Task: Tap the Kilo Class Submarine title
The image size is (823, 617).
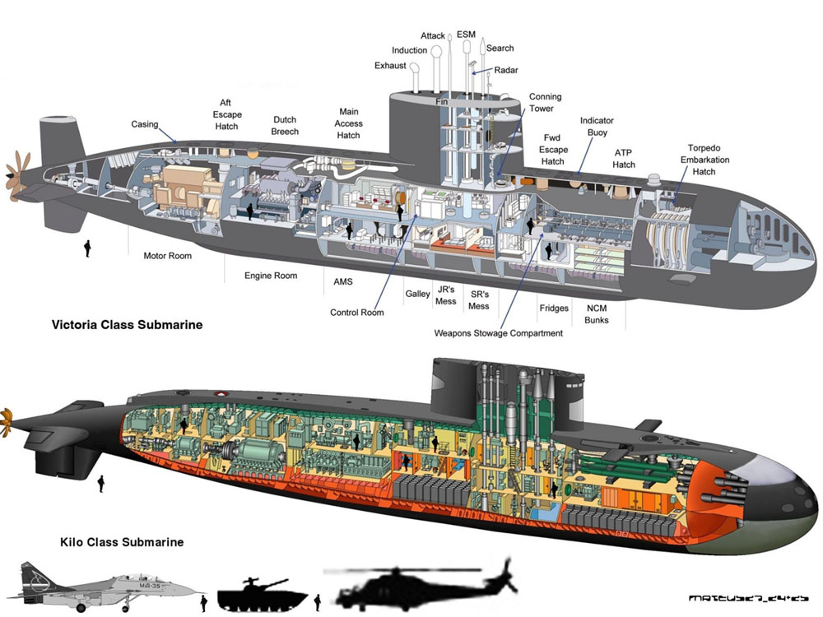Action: coord(122,542)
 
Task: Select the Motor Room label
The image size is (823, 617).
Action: coord(167,256)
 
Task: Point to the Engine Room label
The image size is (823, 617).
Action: coord(271,276)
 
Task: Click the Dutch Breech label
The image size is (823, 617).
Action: coord(285,125)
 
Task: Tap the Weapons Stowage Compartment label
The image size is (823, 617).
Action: coord(499,333)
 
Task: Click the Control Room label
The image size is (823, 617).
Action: coord(356,313)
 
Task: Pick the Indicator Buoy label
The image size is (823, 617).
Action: coord(597,126)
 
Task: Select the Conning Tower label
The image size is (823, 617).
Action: coord(542,102)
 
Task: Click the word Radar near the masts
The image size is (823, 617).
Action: coord(506,71)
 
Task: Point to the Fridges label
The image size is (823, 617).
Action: coord(554,308)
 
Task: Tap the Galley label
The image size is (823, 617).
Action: coord(417,294)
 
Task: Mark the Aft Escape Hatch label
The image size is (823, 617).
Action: coord(226,115)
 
